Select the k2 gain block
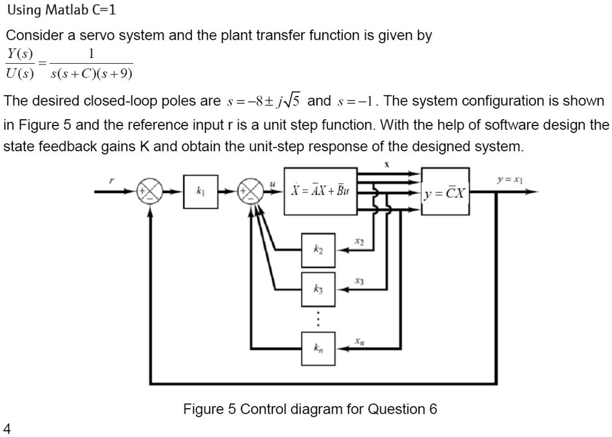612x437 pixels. (x=318, y=251)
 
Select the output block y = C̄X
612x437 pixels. (x=445, y=192)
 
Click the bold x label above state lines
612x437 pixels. (x=387, y=165)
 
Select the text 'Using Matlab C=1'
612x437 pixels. (x=62, y=11)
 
